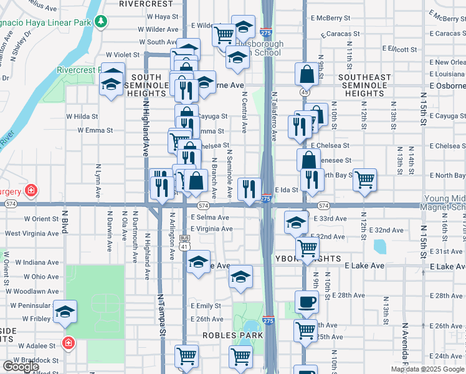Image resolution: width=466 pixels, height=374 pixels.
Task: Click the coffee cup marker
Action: tap(306, 302)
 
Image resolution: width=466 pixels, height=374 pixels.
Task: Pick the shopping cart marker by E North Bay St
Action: tap(364, 180)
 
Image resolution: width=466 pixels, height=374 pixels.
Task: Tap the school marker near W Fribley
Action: tap(65, 313)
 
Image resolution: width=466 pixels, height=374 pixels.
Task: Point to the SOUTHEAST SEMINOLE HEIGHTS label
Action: tap(364, 85)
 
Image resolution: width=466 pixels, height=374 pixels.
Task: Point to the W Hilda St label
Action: tap(82, 116)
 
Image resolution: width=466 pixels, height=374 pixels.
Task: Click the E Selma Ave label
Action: tap(210, 218)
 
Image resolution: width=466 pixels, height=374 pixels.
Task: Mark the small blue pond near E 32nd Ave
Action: tap(379, 247)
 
